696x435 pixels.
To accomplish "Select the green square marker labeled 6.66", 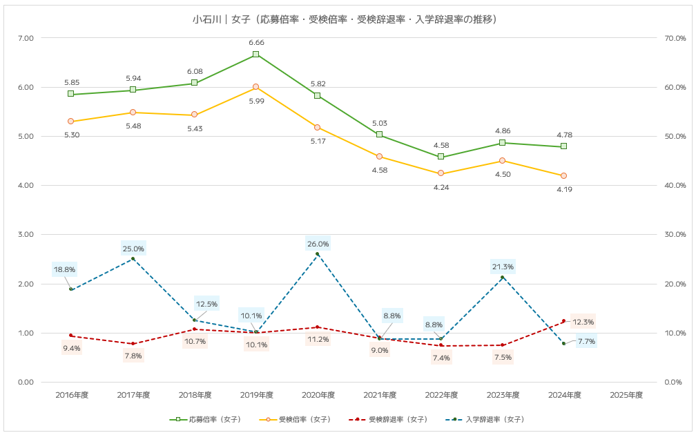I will click(x=256, y=54).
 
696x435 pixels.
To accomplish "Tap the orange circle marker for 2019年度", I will click(x=256, y=87).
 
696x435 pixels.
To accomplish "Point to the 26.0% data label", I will click(x=318, y=244).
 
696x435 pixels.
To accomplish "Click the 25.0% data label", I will click(x=133, y=249).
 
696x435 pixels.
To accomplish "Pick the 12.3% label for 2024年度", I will click(x=583, y=322).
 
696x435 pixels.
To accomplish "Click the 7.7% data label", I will click(x=586, y=341).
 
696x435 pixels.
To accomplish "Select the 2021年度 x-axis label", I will click(x=380, y=395).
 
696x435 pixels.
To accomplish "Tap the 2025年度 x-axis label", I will click(x=626, y=395).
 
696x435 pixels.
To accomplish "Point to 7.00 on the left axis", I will click(x=25, y=38).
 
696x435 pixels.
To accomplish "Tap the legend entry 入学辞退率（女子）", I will click(x=492, y=419).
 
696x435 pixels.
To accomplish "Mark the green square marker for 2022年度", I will click(x=441, y=157).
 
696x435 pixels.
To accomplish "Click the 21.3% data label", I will click(x=502, y=267).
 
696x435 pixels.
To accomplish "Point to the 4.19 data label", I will click(x=564, y=189).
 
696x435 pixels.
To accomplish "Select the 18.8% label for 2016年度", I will click(x=64, y=269).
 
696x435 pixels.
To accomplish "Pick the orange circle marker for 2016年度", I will click(x=71, y=122).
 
